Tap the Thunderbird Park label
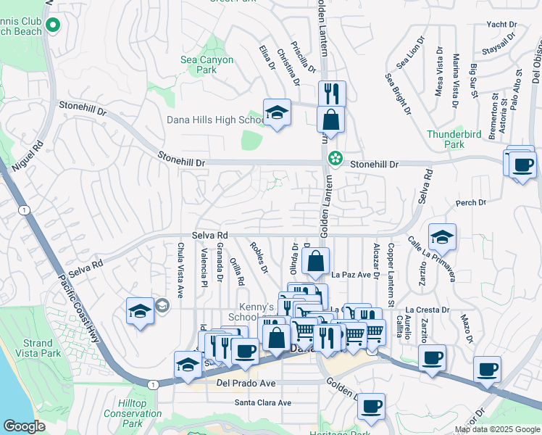point(454,139)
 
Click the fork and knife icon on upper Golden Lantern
point(331,94)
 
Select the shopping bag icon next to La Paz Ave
point(316,261)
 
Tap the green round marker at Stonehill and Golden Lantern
point(335,158)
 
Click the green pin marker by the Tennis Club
point(52,26)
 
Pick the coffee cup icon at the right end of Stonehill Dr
point(522,165)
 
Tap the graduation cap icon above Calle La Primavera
point(442,237)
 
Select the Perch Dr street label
point(470,203)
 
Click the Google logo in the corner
point(24,426)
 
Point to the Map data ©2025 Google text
point(496,429)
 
